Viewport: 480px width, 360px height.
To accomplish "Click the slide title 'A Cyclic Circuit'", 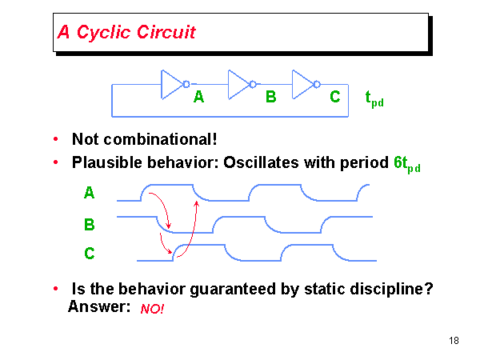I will tap(126, 33).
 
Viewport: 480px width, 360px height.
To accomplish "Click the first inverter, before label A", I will tap(173, 84).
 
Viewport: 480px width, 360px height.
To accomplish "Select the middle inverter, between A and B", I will tap(240, 84).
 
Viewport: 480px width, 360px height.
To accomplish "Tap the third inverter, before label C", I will tap(305, 84).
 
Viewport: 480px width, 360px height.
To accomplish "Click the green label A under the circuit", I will tap(199, 98).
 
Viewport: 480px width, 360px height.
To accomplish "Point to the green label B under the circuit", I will tap(271, 98).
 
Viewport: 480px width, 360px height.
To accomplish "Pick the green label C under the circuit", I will tap(335, 98).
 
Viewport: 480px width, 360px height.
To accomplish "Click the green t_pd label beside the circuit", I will tap(374, 99).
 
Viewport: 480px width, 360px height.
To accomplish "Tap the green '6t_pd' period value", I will tap(406, 164).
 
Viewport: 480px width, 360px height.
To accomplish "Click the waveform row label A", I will tap(89, 193).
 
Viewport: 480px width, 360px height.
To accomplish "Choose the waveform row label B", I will tap(89, 225).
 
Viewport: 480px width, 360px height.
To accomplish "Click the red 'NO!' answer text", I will tap(152, 309).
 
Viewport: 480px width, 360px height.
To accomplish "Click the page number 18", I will tap(454, 342).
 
